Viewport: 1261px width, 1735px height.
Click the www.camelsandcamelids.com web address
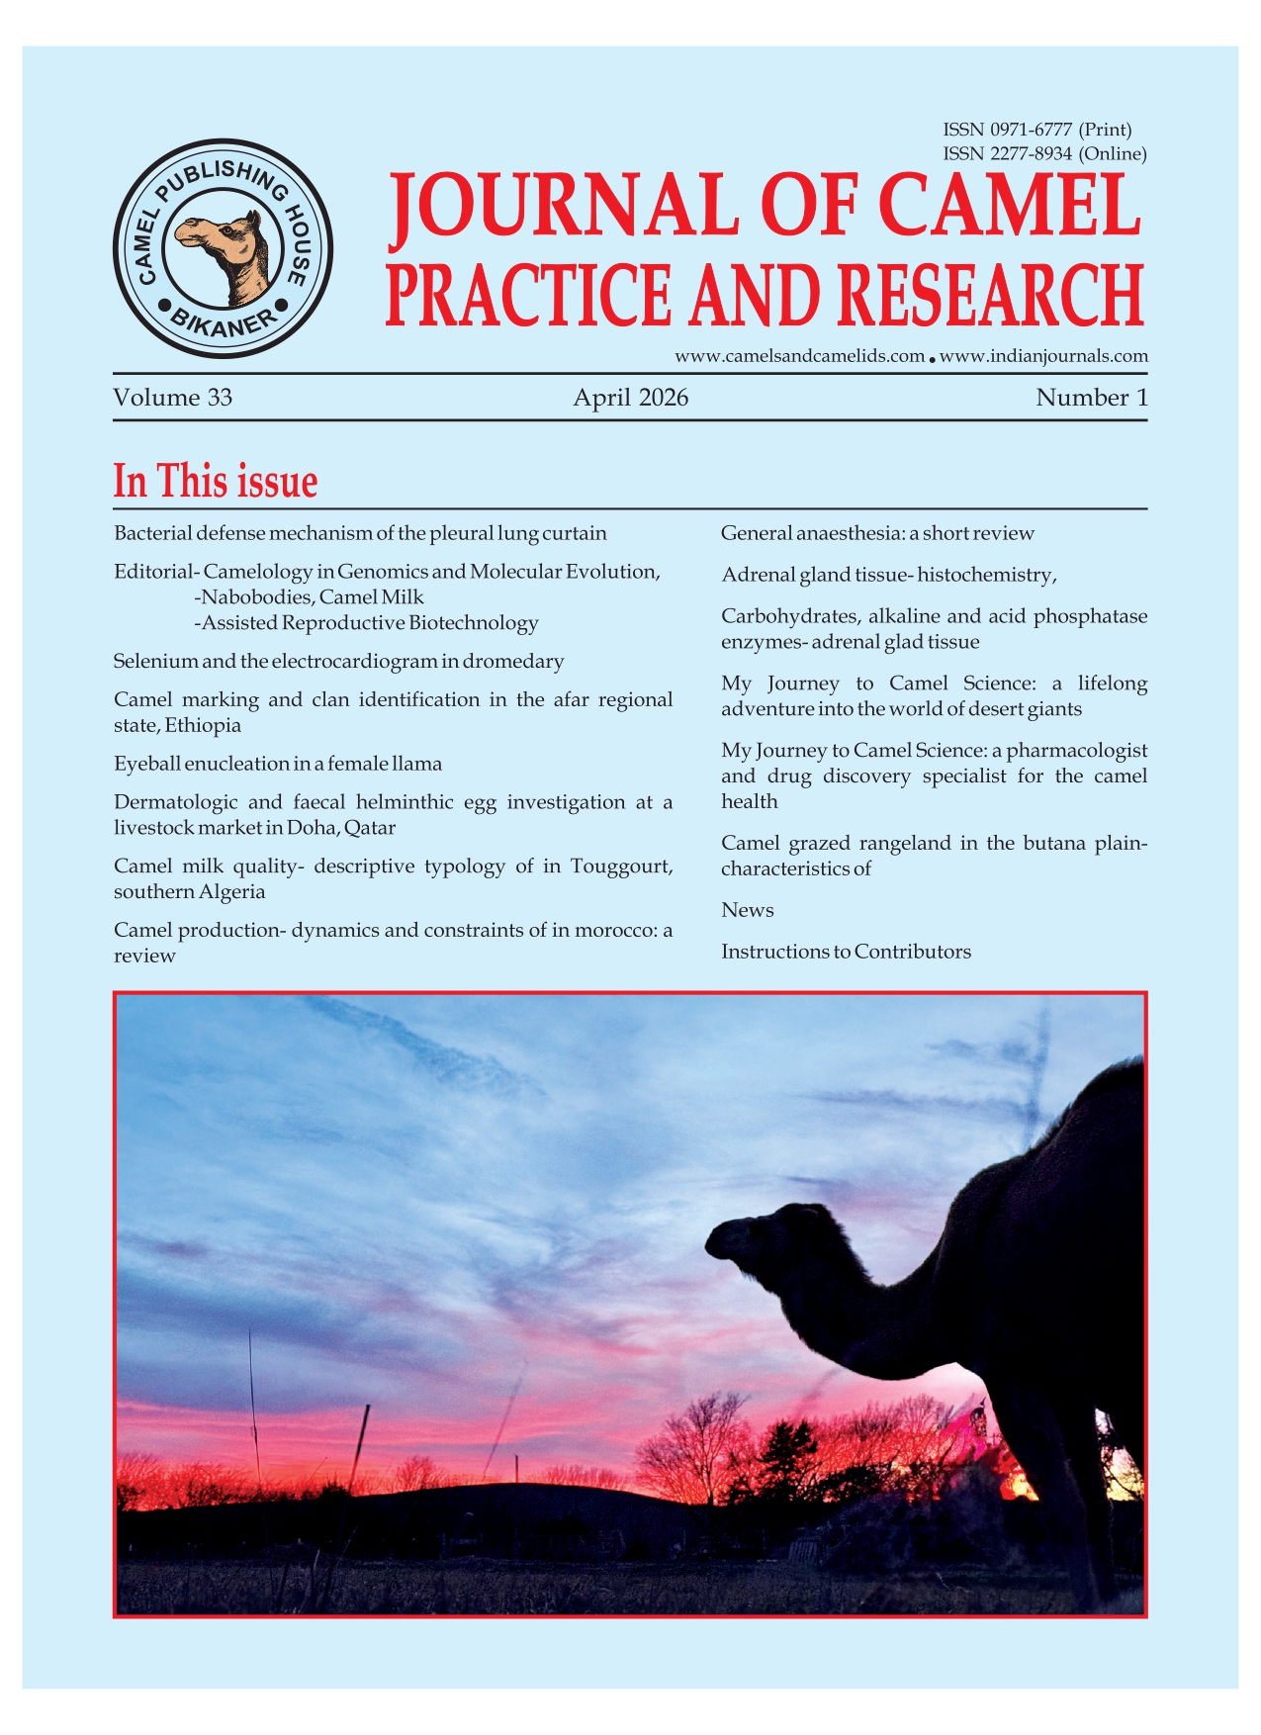coord(799,356)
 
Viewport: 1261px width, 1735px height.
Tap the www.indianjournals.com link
coord(1043,356)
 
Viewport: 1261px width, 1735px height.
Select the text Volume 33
coord(173,398)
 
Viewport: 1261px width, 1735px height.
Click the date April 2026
coord(630,398)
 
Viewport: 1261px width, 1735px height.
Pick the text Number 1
coord(1091,398)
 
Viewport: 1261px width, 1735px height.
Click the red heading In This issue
coord(216,482)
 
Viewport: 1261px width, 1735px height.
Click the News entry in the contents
coord(748,910)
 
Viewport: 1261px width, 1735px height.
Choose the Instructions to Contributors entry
coord(846,952)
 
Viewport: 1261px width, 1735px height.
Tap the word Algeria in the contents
coord(232,892)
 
